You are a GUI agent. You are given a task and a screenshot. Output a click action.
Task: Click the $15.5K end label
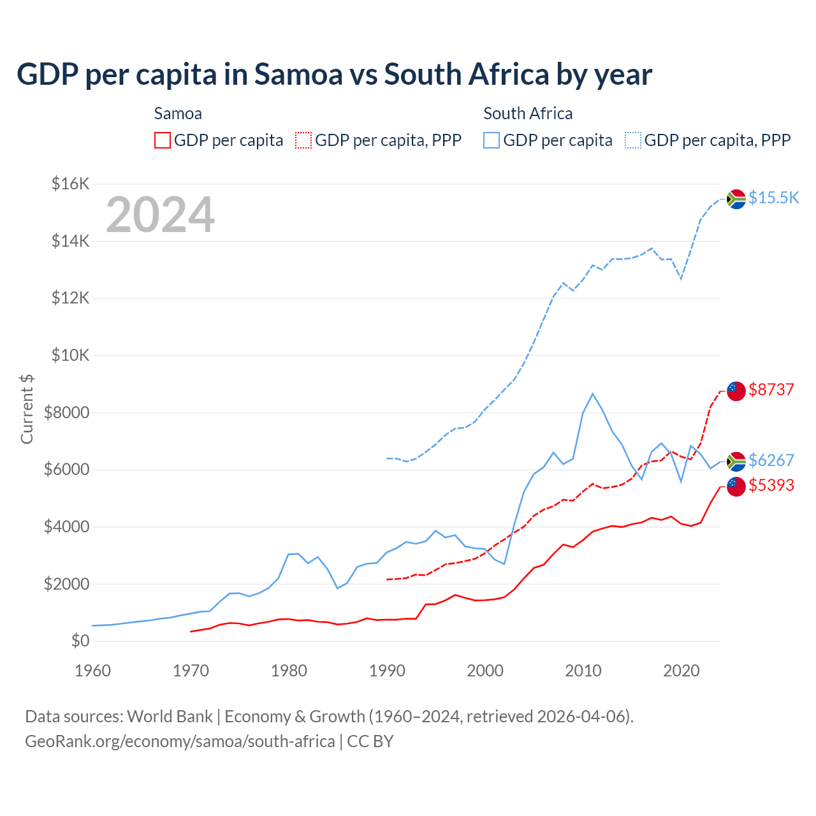(x=773, y=198)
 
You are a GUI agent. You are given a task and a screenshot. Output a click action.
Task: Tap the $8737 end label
(x=771, y=390)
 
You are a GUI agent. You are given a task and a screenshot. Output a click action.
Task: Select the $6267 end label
(x=771, y=460)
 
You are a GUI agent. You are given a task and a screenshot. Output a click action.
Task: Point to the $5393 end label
(x=771, y=485)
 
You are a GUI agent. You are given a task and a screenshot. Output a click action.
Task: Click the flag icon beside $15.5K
(x=736, y=199)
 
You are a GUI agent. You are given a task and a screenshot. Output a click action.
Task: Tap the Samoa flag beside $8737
(x=736, y=391)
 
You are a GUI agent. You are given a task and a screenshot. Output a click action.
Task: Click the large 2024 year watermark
(x=160, y=215)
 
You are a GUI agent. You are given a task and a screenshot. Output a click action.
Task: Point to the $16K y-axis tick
(x=70, y=184)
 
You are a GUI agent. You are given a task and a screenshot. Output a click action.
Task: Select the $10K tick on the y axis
(x=70, y=355)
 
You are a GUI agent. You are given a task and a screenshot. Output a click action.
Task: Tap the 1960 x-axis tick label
(x=93, y=671)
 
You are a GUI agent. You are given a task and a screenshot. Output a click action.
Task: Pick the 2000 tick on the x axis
(x=485, y=671)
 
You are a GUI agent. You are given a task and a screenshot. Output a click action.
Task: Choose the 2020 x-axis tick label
(x=681, y=671)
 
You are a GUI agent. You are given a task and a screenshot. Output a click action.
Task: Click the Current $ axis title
(x=27, y=409)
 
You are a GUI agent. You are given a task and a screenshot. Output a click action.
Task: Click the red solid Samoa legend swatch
(x=163, y=140)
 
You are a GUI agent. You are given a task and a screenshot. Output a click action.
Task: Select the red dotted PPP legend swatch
(x=303, y=140)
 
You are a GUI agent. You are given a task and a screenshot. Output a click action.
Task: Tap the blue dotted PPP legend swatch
(x=633, y=140)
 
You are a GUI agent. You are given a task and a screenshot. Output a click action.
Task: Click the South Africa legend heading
(x=528, y=113)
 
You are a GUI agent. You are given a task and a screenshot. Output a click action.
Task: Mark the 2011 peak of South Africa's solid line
(x=593, y=394)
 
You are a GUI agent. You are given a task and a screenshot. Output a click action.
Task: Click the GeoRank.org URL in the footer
(x=180, y=741)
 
